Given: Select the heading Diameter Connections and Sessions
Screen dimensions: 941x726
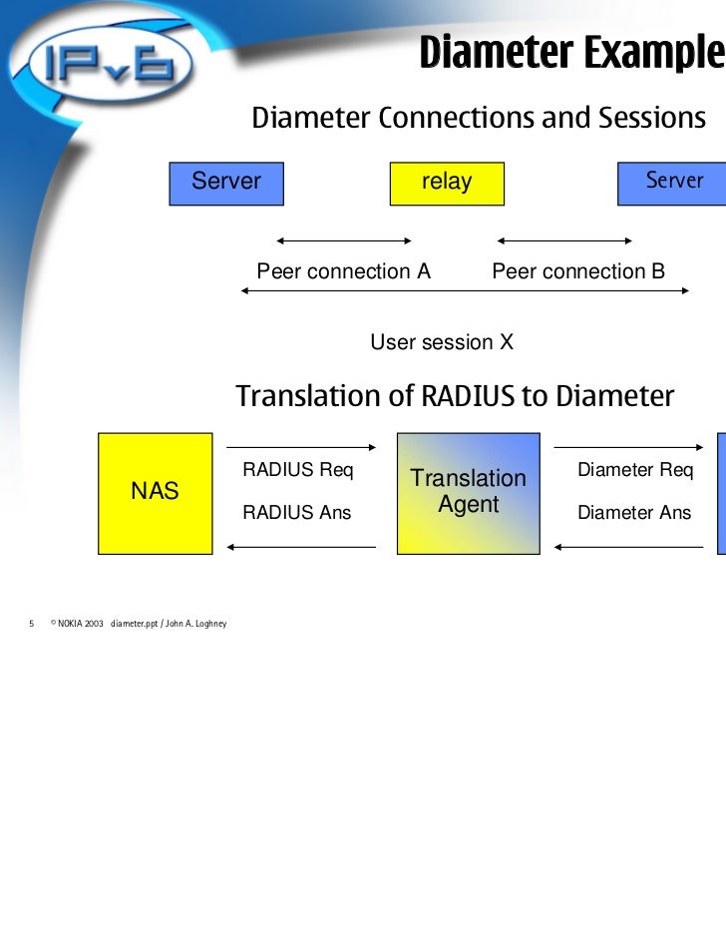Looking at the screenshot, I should pyautogui.click(x=478, y=119).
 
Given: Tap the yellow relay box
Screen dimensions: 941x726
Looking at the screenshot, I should pyautogui.click(x=446, y=183).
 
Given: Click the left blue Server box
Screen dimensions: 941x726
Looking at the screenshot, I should pyautogui.click(x=226, y=183).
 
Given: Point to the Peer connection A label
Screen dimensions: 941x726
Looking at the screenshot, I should pyautogui.click(x=343, y=271).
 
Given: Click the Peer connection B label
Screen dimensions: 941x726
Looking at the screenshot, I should pyautogui.click(x=578, y=271).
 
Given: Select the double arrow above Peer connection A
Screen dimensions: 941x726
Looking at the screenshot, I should pyautogui.click(x=343, y=240).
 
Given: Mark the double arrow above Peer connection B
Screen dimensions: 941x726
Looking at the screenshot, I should pyautogui.click(x=564, y=240).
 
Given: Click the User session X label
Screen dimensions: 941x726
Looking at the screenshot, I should pyautogui.click(x=442, y=342).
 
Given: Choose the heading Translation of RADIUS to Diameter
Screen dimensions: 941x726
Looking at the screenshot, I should pyautogui.click(x=455, y=397).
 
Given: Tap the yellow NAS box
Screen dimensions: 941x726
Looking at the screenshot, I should pyautogui.click(x=155, y=492).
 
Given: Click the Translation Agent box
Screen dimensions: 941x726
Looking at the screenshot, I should pyautogui.click(x=468, y=492).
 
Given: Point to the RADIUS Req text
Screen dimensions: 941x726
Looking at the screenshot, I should pyautogui.click(x=298, y=470).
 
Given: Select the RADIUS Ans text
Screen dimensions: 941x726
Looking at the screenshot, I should pyautogui.click(x=297, y=513).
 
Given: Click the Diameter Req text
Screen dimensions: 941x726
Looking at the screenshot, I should pyautogui.click(x=634, y=470).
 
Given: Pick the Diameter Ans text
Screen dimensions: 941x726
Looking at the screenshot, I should pyautogui.click(x=634, y=513).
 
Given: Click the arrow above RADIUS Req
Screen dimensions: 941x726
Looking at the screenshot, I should pyautogui.click(x=300, y=447).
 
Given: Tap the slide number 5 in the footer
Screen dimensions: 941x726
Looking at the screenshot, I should pyautogui.click(x=32, y=624).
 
